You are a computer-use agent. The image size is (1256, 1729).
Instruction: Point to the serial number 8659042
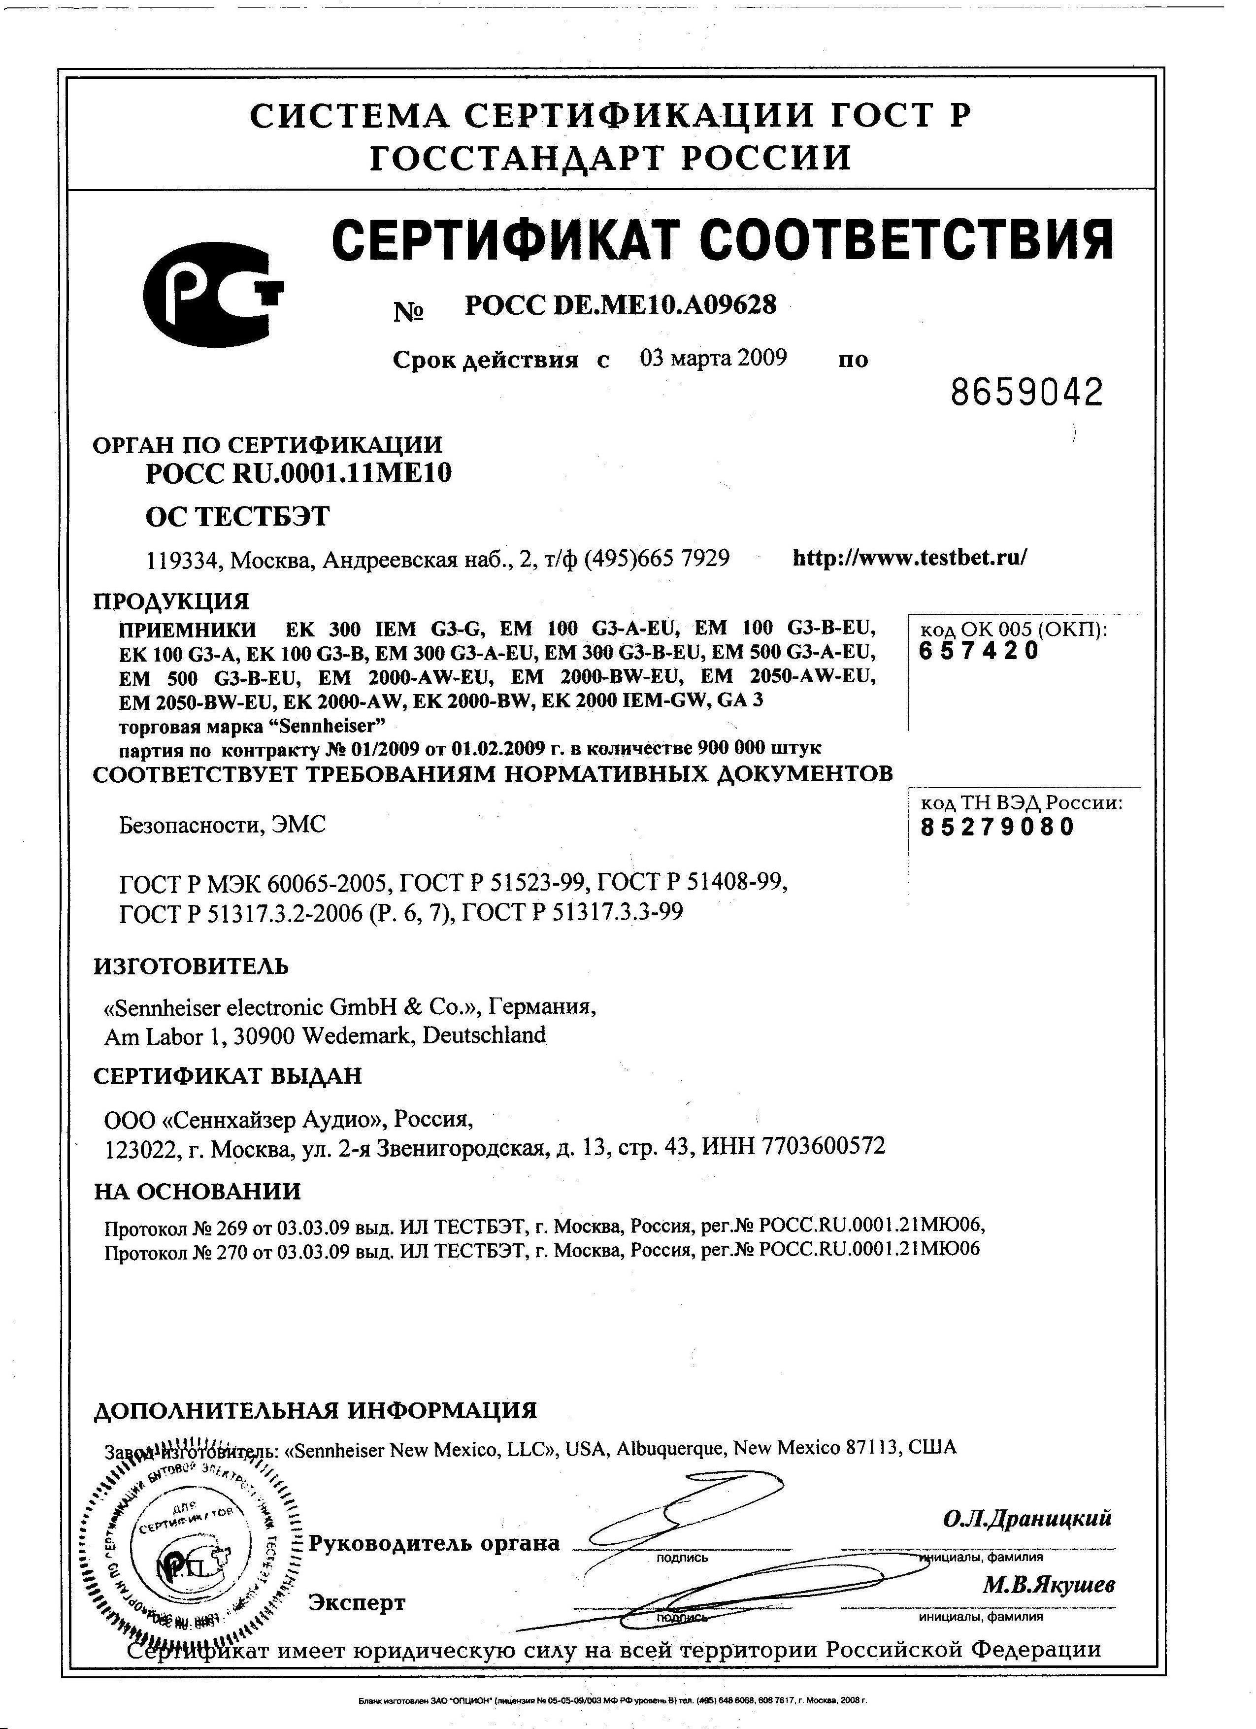point(1026,393)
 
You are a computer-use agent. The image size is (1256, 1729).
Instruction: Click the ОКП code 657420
point(979,651)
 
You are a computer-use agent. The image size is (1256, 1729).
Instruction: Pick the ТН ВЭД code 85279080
point(997,827)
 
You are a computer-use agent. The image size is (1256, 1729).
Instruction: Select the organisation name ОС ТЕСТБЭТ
point(237,516)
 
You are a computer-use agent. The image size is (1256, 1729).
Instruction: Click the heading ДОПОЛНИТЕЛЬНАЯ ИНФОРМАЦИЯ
point(315,1410)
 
